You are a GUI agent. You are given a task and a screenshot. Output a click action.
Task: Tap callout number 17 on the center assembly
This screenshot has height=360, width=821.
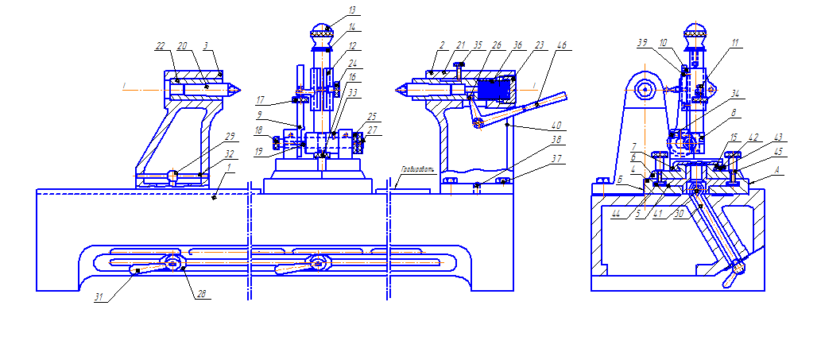260,100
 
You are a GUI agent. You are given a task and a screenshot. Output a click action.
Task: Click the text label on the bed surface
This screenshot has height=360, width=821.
416,168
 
